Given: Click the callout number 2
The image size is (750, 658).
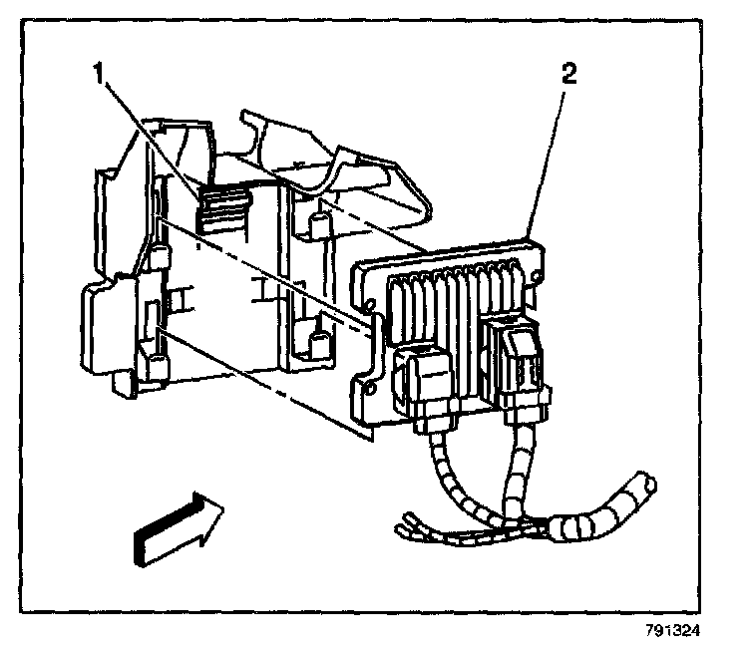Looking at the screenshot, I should (568, 74).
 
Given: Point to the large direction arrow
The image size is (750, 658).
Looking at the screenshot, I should (178, 525).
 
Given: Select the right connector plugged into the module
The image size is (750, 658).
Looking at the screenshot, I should (522, 364).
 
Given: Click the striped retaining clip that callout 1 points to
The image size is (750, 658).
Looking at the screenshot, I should (221, 210).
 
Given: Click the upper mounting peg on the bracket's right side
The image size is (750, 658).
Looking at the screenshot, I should (320, 225).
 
